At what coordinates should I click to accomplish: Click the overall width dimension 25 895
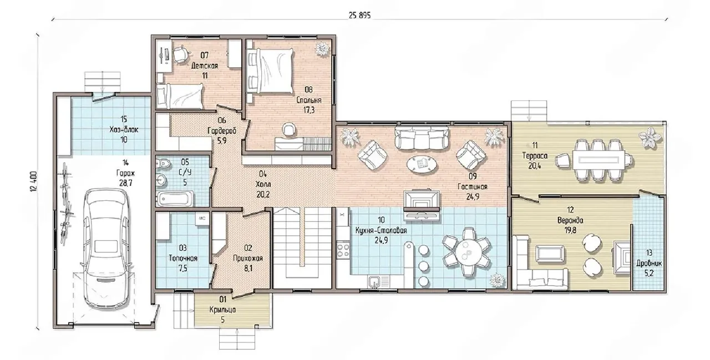pos(359,15)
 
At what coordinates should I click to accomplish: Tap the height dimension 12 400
pos(34,181)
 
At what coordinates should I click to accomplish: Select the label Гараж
pos(125,173)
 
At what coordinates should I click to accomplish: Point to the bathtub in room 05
pos(175,199)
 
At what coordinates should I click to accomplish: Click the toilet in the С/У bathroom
pos(163,164)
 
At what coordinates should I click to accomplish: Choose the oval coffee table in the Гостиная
pos(421,164)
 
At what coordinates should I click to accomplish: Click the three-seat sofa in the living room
pos(422,137)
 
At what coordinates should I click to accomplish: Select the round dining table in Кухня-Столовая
pos(466,252)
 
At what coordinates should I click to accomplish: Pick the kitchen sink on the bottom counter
pos(376,281)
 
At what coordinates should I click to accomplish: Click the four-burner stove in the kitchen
pos(343,250)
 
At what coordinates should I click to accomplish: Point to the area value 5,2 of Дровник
pos(649,273)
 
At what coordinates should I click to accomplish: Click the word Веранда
pos(570,220)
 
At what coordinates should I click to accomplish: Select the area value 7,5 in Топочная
pos(183,268)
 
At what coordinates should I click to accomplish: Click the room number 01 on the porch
pos(223,299)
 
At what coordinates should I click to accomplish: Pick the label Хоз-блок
pos(124,129)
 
